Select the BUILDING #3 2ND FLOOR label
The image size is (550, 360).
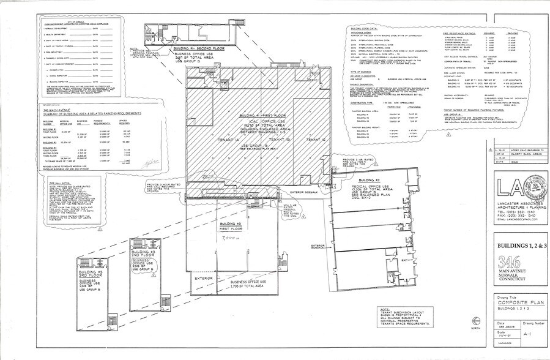pos(138,254)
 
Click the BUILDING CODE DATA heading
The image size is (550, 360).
pos(365,28)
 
